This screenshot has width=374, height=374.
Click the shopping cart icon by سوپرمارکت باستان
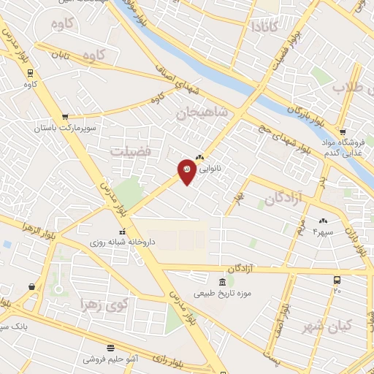tap(65, 116)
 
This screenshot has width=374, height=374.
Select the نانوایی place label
tap(217, 167)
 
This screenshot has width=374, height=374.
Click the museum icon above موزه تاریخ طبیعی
tap(221, 282)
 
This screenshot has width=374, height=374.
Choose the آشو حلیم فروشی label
tap(110, 360)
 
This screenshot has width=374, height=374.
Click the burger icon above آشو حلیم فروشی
tap(110, 348)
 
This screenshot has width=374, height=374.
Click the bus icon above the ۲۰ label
tap(337, 280)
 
